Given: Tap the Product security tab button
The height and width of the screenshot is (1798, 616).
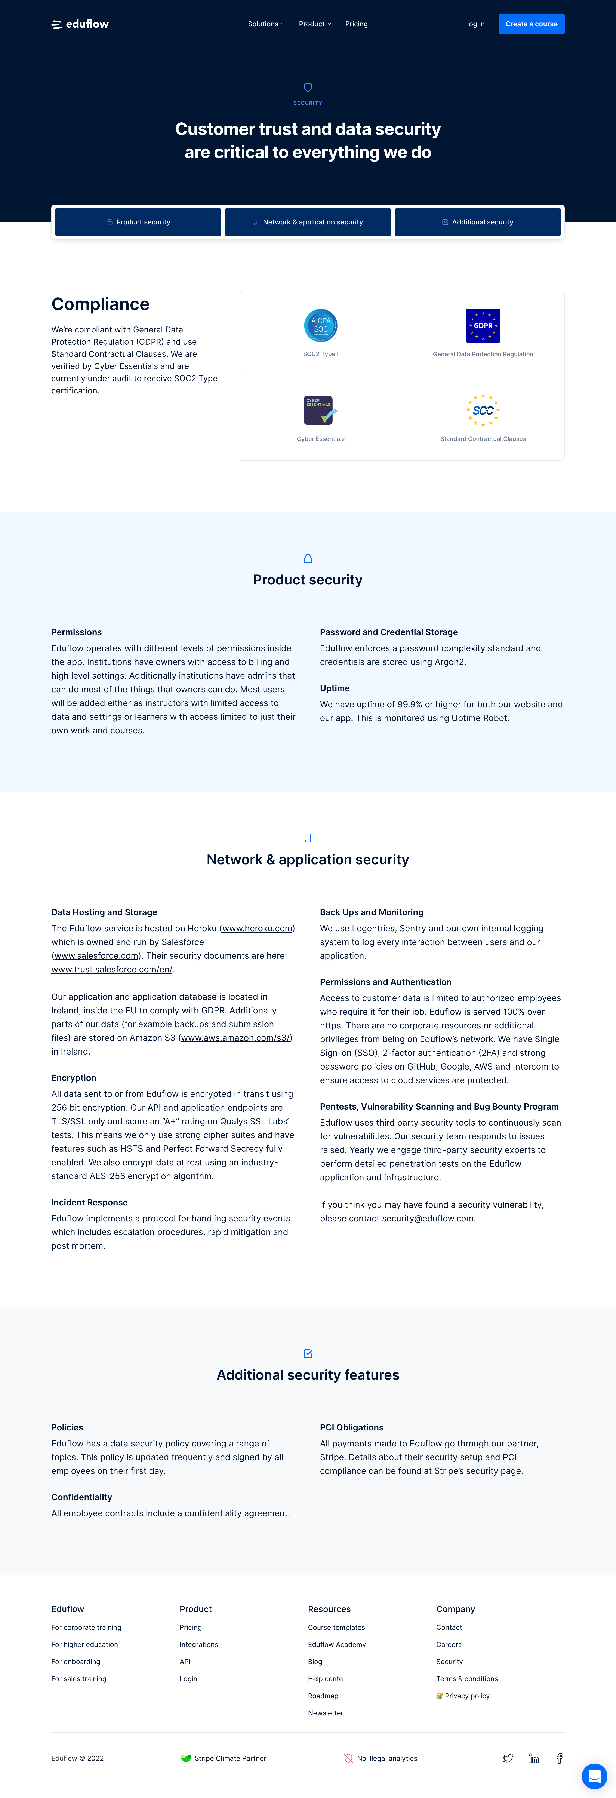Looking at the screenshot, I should click(138, 222).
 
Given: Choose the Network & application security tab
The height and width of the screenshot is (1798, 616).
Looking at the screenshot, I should click(308, 222).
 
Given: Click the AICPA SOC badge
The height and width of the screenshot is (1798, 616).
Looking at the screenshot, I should click(321, 325).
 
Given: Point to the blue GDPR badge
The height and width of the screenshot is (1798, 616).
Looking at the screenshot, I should click(483, 325).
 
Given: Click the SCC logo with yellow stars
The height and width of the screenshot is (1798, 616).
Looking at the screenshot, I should click(483, 410).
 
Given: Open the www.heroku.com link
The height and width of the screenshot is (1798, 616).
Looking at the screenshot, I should click(258, 928).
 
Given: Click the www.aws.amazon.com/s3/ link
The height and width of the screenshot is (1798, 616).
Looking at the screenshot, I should click(235, 1038).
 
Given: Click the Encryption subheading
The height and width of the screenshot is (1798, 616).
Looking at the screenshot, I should click(74, 1078).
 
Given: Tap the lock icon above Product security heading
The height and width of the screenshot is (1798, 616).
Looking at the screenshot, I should click(308, 558).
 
